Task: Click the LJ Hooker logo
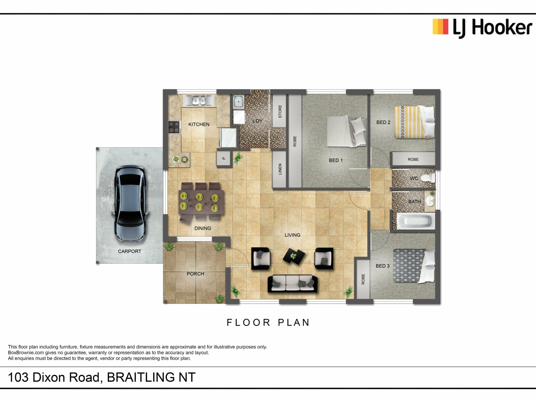coord(482,28)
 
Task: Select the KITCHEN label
coord(199,124)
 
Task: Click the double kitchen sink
coord(199,100)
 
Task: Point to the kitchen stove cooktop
coord(174,127)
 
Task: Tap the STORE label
coord(280,111)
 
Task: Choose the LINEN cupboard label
coord(280,169)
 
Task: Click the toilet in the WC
coord(428,178)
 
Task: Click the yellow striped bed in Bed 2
coord(415,122)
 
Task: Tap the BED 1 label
coord(336,160)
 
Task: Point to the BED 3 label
coord(382,266)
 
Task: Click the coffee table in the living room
coord(294,256)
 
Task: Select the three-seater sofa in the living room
coord(293,284)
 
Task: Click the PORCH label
coord(195,274)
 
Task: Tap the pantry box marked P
coord(224,159)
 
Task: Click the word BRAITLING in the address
coord(141,377)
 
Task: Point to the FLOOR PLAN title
coord(268,322)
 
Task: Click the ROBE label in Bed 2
coord(413,159)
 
